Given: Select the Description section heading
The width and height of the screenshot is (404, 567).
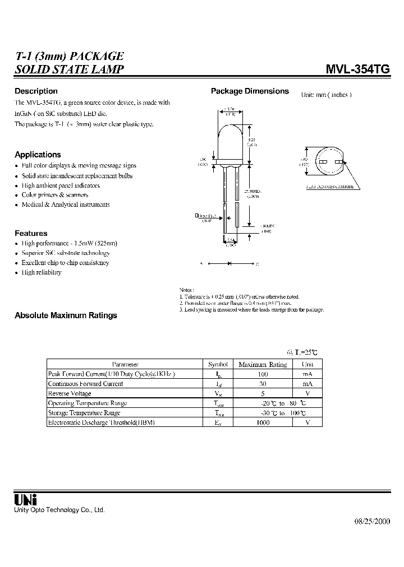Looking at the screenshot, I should click(x=36, y=91).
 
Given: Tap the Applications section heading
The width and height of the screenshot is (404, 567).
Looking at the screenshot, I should click(x=38, y=155).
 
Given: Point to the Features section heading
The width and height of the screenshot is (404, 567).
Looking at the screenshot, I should click(x=31, y=233).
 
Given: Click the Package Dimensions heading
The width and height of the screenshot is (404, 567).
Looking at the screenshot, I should click(x=250, y=91).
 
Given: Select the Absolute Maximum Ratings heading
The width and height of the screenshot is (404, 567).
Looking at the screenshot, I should click(x=66, y=315).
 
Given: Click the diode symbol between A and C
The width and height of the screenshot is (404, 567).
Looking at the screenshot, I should click(x=229, y=262).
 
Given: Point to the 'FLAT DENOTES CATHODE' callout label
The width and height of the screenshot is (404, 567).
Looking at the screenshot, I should click(x=330, y=186).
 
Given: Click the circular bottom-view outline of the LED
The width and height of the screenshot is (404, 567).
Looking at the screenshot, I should click(x=329, y=162).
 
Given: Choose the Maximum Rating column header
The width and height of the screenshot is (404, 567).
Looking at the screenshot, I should click(x=263, y=364).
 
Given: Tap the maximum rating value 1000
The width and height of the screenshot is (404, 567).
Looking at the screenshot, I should click(x=262, y=422).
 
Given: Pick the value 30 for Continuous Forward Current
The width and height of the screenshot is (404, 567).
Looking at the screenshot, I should click(x=262, y=384).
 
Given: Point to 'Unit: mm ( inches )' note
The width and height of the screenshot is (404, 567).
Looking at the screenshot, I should click(x=327, y=95).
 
